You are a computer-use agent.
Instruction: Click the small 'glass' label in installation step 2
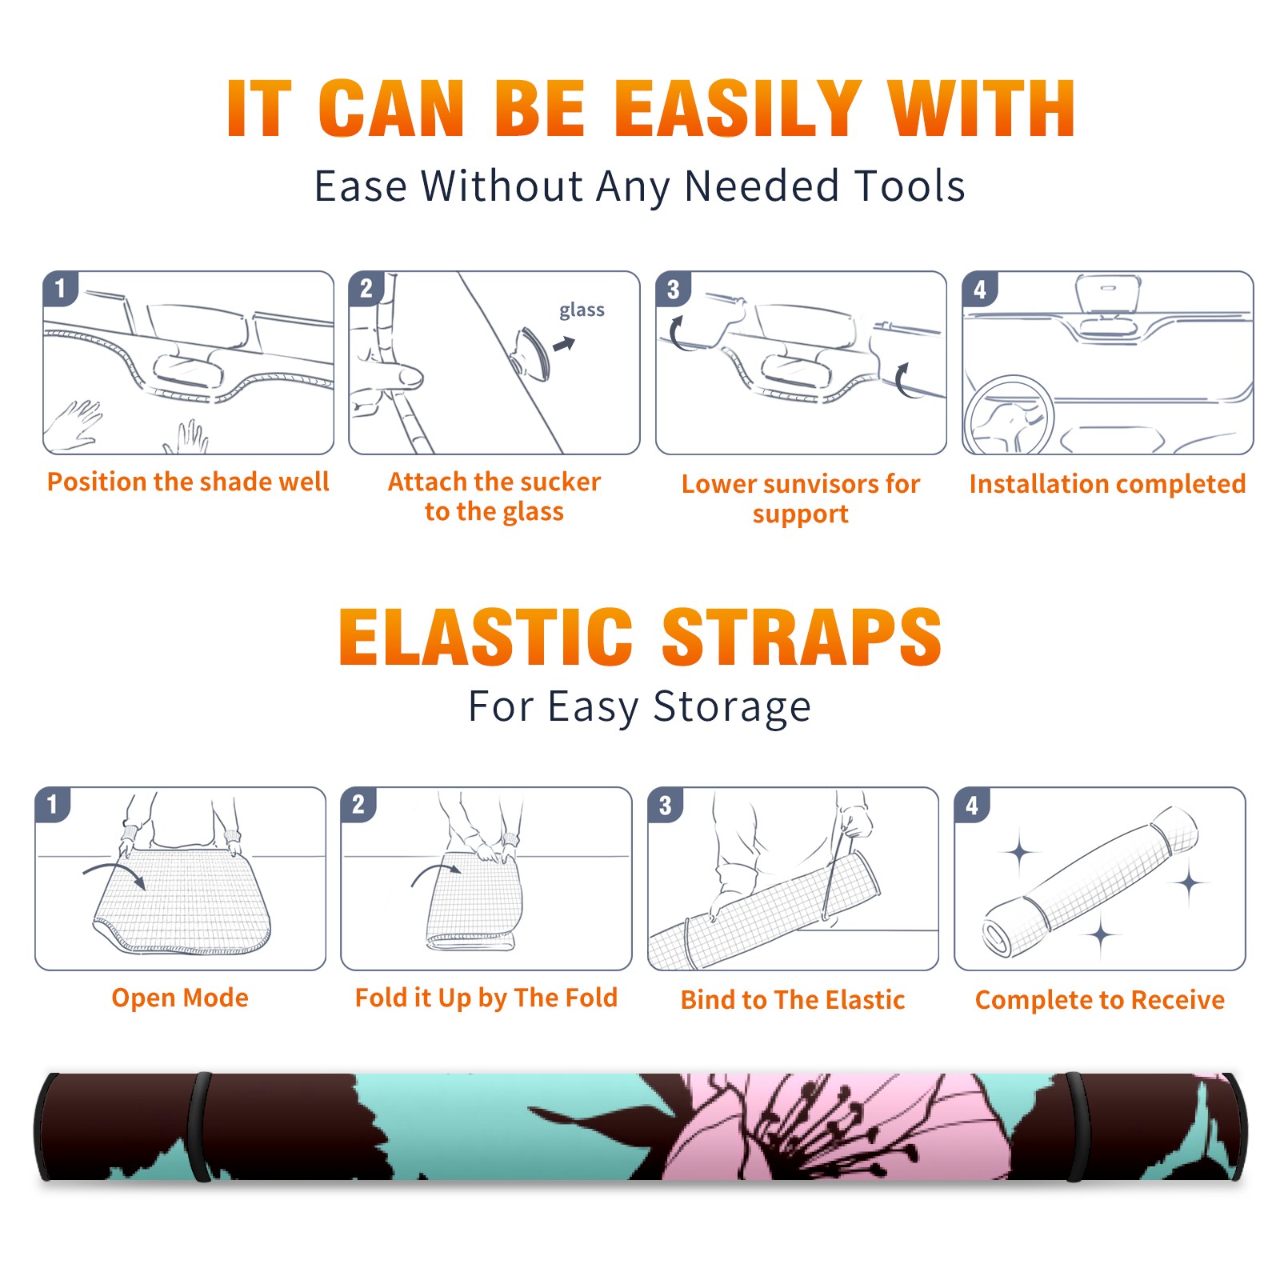(x=582, y=310)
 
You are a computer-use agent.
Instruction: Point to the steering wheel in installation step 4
(x=1010, y=415)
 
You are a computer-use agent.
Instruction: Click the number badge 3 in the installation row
(x=673, y=289)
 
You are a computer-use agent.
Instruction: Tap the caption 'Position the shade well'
(x=188, y=482)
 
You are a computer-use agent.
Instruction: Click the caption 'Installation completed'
(x=1107, y=484)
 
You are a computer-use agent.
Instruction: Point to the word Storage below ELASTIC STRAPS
(x=732, y=707)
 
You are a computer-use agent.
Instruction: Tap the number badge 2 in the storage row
(x=358, y=804)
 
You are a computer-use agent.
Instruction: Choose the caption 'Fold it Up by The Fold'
(x=486, y=998)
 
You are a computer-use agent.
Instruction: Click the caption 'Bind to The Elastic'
(x=793, y=1000)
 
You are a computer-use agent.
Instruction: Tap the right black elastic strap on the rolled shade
(x=1077, y=1127)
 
